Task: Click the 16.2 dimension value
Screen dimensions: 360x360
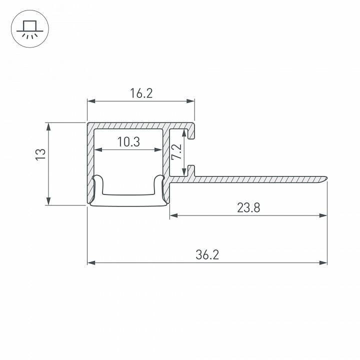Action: pyautogui.click(x=140, y=93)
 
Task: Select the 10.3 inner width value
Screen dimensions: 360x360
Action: pyautogui.click(x=128, y=142)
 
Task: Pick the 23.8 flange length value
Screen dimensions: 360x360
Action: pyautogui.click(x=248, y=207)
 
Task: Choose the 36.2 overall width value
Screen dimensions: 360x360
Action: pyautogui.click(x=207, y=254)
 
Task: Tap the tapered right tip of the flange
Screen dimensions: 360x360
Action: pyautogui.click(x=325, y=177)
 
